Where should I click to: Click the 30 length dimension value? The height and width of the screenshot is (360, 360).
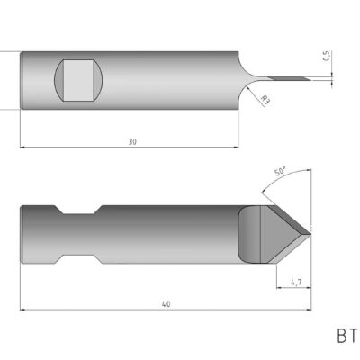[x=131, y=141]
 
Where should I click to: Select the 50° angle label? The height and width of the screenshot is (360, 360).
[x=280, y=171]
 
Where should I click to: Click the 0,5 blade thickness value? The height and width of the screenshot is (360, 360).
[x=325, y=57]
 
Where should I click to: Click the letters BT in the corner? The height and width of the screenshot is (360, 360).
[x=346, y=337]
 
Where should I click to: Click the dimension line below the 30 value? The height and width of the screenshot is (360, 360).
[x=131, y=147]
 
